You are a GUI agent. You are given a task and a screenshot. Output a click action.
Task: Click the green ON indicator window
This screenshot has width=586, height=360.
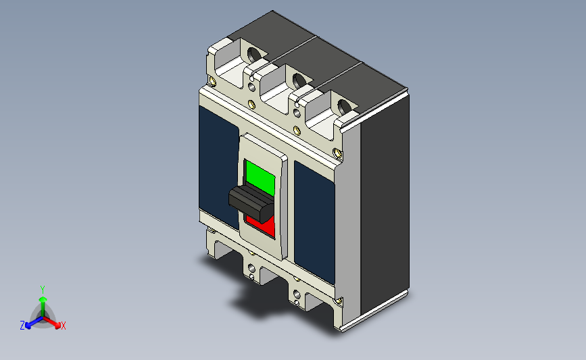coord(260,177)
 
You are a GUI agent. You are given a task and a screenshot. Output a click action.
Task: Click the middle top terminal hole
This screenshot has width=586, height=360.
coord(299,80)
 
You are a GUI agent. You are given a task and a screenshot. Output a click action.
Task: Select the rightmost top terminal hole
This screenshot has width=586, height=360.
coord(345,106)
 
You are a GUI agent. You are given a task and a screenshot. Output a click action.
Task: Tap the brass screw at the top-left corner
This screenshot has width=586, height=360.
coord(214,82)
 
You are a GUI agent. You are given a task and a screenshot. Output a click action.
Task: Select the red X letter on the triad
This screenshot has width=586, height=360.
coord(64,326)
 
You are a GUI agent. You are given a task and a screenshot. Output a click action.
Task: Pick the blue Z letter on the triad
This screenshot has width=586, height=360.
coord(22,326)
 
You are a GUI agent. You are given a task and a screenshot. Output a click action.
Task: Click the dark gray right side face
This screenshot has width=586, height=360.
coord(384,203)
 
